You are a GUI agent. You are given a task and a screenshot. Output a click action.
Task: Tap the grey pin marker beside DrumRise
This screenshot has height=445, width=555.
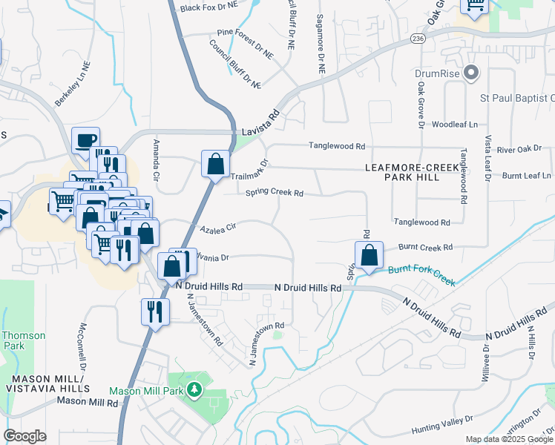point(470,73)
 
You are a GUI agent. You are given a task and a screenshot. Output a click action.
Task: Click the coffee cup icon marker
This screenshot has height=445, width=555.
point(85,140)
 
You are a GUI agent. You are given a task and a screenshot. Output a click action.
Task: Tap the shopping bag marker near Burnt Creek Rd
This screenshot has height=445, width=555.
point(369,256)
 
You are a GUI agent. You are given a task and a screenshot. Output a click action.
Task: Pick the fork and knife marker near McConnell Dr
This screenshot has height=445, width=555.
point(154,311)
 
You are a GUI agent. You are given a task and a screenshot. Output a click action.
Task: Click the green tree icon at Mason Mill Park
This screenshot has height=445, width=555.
point(194,389)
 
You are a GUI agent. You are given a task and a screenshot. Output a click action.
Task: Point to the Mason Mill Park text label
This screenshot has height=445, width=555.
point(145,390)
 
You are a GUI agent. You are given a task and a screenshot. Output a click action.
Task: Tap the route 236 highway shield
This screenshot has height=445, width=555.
point(418,37)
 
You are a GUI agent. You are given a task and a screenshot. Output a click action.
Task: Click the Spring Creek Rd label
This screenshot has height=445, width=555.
point(275,194)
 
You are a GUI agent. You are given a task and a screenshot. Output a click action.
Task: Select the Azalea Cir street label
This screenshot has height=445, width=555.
point(216,227)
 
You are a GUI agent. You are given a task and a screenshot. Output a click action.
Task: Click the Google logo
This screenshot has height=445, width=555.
point(25,436)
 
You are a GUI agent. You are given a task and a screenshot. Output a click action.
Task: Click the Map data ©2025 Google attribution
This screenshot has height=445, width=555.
point(508,439)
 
